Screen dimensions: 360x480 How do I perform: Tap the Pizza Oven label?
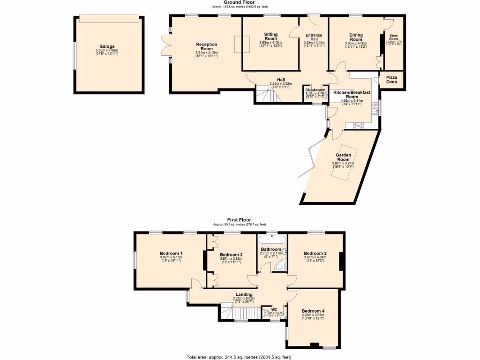pos(391,79)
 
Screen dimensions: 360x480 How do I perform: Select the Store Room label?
pos(394,37)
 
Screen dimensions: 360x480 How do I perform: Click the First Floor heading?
pos(239,219)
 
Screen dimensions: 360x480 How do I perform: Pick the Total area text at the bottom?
pos(239,357)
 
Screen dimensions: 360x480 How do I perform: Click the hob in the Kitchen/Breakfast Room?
pos(359,125)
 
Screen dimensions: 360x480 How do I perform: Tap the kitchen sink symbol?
pos(375,111)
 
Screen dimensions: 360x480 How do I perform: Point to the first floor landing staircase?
pos(226,311)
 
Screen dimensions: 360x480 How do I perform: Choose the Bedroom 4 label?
pos(313,311)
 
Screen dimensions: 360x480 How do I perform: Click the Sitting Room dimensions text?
pos(271,45)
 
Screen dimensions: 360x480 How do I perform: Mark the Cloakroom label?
pos(315,90)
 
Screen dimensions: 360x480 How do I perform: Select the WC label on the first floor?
pos(274,309)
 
